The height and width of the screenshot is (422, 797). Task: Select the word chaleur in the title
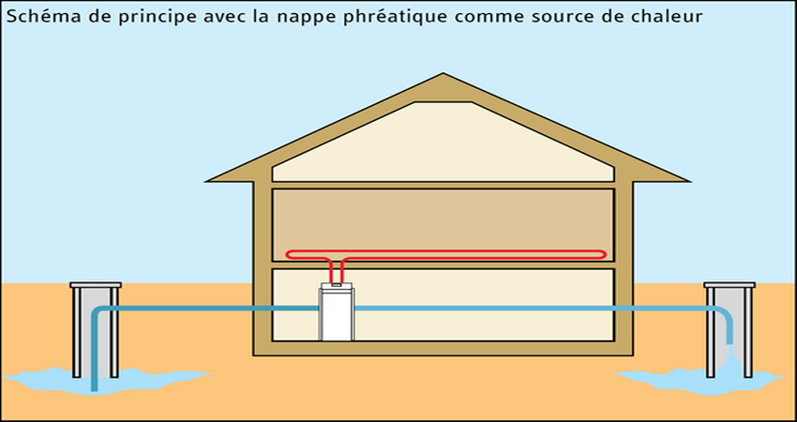[669, 16]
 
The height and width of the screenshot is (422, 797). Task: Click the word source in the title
[581, 16]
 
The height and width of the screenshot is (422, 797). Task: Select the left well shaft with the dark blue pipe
[96, 333]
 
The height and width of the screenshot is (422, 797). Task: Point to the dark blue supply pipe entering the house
[206, 308]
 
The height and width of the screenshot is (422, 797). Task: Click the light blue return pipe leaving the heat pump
[525, 308]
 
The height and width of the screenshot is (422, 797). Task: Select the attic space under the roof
[443, 145]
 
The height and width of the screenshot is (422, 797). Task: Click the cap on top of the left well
[96, 284]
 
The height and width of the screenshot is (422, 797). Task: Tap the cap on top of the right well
[729, 284]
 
